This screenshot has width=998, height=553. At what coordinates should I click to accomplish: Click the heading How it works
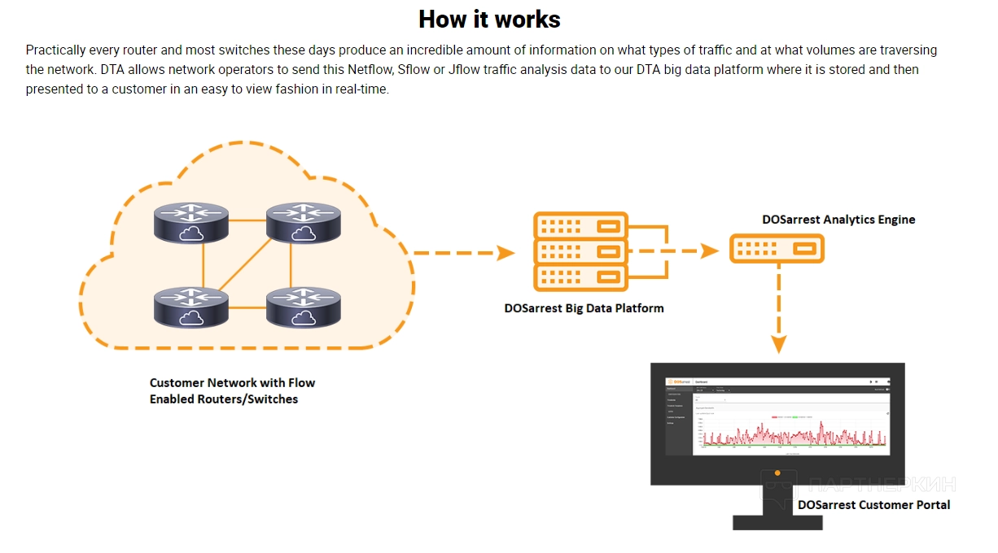pos(489,19)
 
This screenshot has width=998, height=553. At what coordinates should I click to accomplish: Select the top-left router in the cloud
pos(191,222)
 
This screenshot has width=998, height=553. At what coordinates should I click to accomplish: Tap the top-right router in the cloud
pos(304,222)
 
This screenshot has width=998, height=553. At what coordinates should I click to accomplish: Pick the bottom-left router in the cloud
pos(191,307)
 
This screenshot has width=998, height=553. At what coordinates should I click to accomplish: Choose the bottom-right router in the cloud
pos(304,307)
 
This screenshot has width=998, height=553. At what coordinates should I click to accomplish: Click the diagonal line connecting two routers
pos(247,264)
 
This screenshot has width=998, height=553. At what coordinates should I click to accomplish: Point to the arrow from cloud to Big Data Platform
pos(464,253)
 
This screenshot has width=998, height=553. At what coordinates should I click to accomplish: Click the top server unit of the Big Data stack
pos(580,224)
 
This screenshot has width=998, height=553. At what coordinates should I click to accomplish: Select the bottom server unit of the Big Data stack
pos(580,277)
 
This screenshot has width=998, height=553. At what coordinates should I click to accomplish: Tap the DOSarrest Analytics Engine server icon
pos(777,248)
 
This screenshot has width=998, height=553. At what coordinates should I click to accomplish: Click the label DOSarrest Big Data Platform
pos(584,308)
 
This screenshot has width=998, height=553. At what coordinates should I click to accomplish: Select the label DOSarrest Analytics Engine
pos(838,220)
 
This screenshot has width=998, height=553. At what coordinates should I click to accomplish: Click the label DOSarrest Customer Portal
pos(873,505)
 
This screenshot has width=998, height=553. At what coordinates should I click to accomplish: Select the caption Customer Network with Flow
pos(232,383)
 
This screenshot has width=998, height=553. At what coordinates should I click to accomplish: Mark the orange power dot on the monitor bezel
pos(777,472)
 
